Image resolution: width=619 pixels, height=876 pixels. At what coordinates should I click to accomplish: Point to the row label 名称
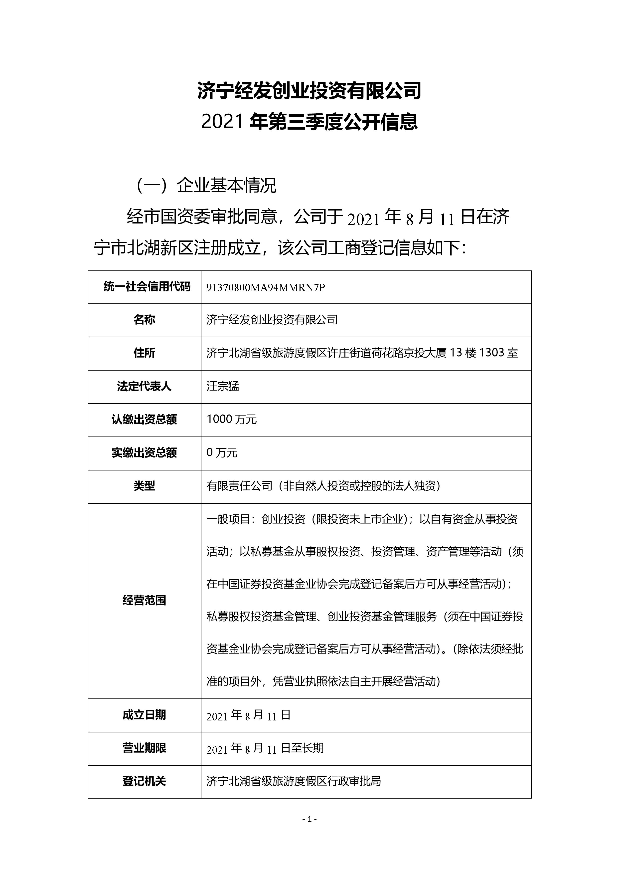click(x=144, y=320)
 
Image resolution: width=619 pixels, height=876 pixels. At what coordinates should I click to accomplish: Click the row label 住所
click(x=144, y=353)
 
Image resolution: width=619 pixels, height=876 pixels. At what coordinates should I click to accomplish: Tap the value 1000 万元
click(x=232, y=419)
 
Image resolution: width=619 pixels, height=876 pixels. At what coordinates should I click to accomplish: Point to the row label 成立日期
click(x=144, y=715)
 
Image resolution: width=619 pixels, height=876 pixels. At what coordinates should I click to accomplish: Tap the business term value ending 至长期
click(x=265, y=748)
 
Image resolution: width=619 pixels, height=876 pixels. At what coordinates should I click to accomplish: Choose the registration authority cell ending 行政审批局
click(x=294, y=781)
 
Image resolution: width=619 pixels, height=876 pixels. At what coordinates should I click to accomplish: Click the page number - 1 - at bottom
click(x=309, y=819)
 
